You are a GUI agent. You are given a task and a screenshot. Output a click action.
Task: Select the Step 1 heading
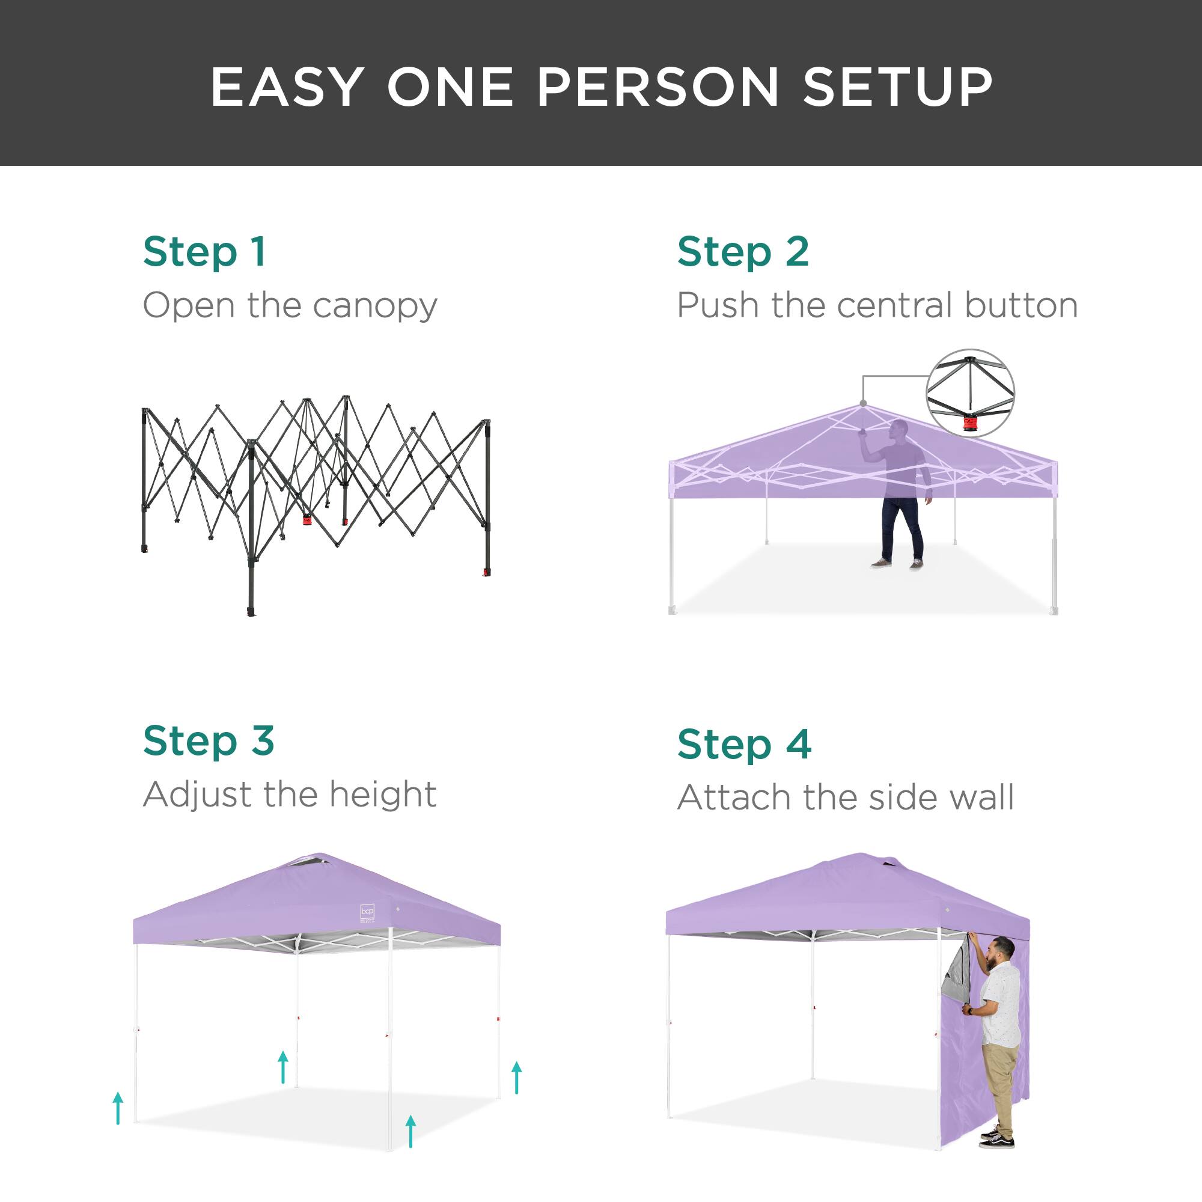pyautogui.click(x=204, y=252)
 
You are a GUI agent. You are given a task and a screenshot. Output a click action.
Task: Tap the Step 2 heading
pyautogui.click(x=743, y=252)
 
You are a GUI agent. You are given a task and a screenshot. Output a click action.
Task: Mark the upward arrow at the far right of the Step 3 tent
pyautogui.click(x=516, y=1078)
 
